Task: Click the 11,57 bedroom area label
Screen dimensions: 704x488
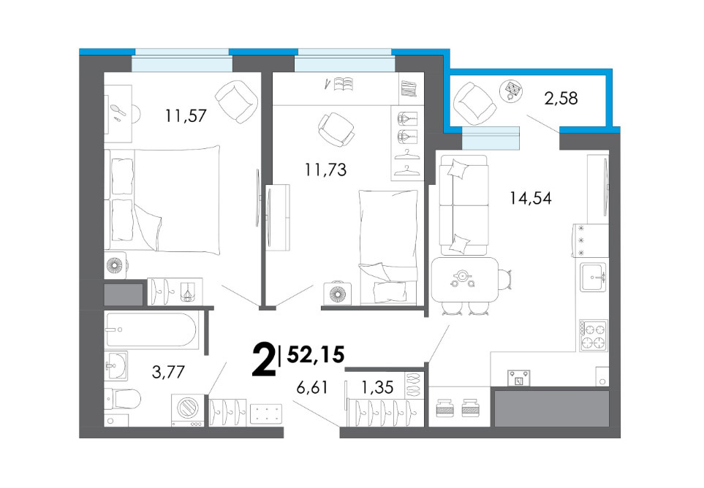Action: [186, 116]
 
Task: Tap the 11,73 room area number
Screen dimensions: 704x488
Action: [325, 170]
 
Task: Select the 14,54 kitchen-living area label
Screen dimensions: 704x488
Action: [530, 198]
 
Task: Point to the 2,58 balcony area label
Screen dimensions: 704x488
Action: [561, 98]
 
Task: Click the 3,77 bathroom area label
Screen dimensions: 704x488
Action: [168, 372]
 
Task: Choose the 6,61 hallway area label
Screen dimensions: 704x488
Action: [313, 387]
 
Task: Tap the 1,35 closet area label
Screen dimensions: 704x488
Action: [377, 387]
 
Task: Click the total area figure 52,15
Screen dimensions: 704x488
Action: [316, 355]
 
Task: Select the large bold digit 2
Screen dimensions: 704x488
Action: [264, 359]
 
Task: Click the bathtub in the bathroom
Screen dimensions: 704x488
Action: [151, 329]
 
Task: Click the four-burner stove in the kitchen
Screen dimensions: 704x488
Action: [593, 335]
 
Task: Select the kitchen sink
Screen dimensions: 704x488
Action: [593, 277]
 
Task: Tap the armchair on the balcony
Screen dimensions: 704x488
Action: [474, 103]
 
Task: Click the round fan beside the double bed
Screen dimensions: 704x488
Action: [116, 265]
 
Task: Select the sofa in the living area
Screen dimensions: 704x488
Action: [463, 205]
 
